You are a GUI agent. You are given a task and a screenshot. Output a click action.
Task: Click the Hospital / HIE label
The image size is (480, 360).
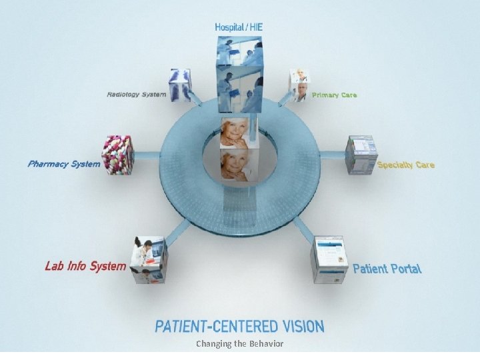click(239, 27)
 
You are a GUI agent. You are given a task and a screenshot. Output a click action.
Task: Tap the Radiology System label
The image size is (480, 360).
click(136, 95)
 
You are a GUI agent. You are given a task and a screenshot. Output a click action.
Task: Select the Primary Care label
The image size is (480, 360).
click(334, 95)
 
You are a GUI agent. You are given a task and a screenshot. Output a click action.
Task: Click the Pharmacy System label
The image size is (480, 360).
click(64, 163)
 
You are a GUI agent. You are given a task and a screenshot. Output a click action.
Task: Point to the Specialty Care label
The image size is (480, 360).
click(405, 165)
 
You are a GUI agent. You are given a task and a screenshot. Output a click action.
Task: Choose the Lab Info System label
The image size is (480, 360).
click(85, 267)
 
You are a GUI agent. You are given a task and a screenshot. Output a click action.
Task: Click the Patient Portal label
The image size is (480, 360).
click(387, 269)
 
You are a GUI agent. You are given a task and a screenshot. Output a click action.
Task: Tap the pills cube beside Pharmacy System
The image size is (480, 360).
click(117, 155)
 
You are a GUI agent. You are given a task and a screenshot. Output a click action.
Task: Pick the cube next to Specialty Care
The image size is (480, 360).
click(361, 154)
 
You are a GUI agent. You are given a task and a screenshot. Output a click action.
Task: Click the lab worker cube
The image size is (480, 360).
click(149, 259)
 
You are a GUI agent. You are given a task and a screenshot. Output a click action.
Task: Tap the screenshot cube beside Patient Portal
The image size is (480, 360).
click(331, 259)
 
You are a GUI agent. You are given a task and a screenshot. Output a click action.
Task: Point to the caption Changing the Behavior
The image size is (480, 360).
click(239, 344)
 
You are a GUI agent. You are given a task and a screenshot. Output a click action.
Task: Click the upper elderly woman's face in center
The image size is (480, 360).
click(239, 132)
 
